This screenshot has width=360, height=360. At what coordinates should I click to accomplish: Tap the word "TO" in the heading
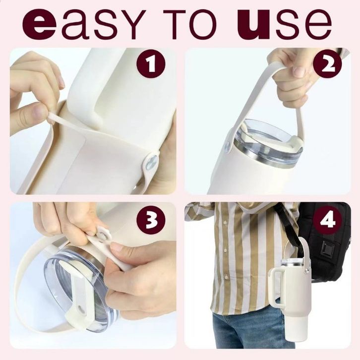pyautogui.click(x=189, y=25)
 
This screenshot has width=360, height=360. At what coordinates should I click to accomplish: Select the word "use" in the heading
pyautogui.click(x=285, y=24)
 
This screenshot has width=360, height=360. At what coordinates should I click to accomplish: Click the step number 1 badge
pyautogui.click(x=151, y=63)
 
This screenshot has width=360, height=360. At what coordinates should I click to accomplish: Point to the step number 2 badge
pyautogui.click(x=327, y=63)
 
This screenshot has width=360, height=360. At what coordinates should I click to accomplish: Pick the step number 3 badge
pyautogui.click(x=151, y=219)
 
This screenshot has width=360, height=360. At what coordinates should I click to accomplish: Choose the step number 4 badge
pyautogui.click(x=327, y=219)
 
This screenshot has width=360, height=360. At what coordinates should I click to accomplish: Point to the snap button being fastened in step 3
pyautogui.click(x=102, y=235)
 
